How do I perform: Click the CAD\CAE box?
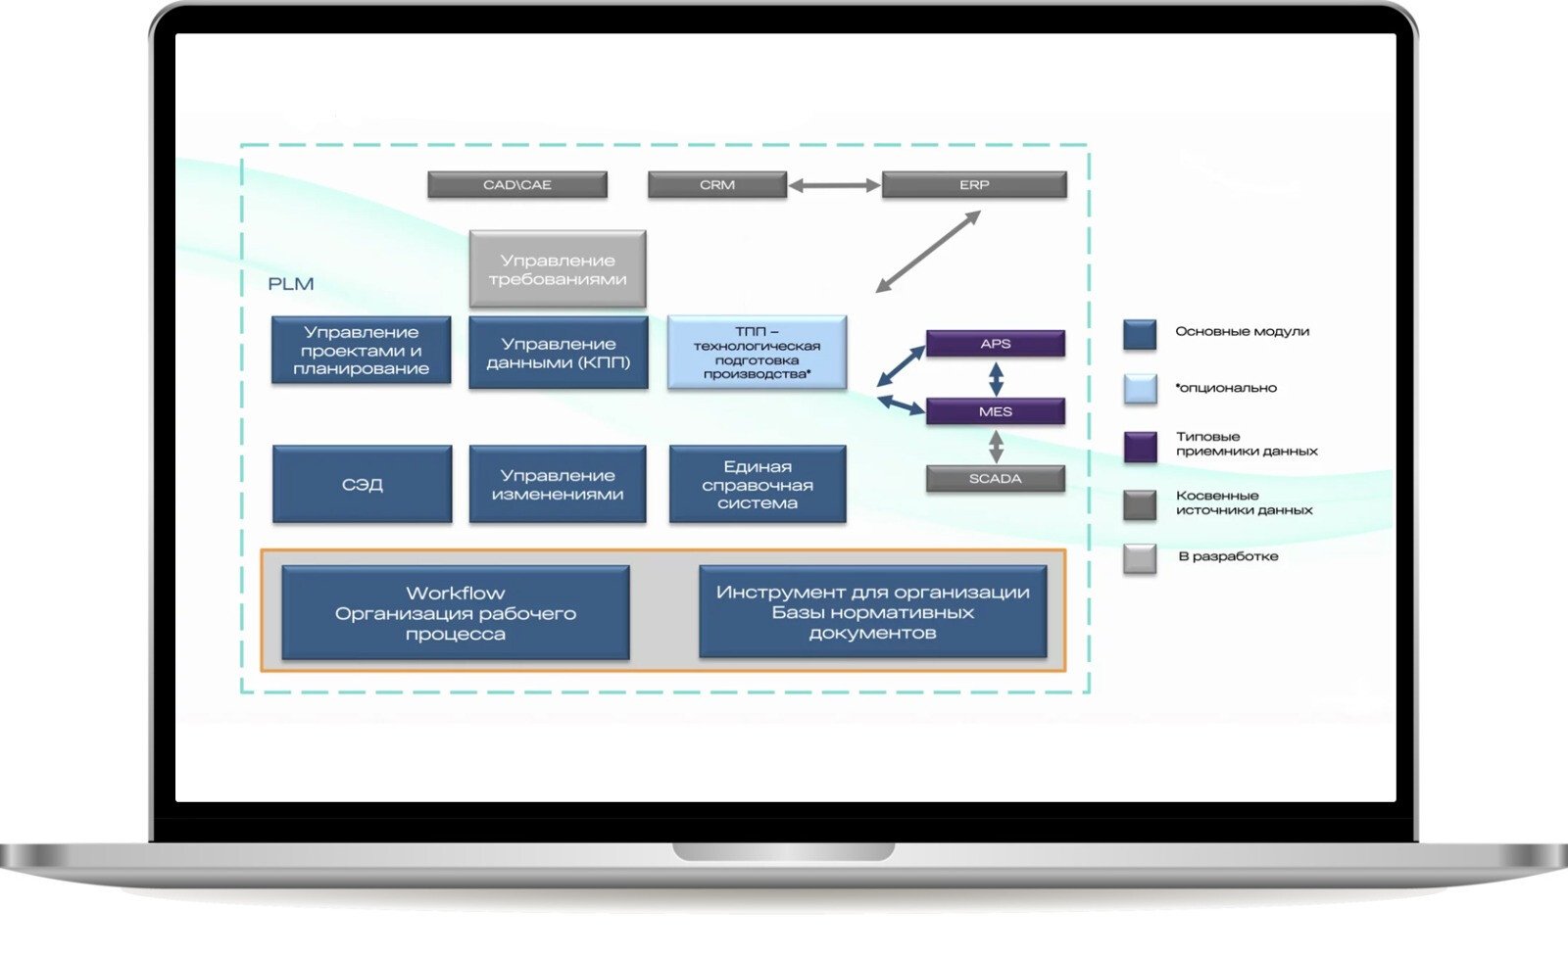point(517,185)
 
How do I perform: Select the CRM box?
point(717,185)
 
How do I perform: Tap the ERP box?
point(974,185)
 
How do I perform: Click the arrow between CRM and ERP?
point(835,185)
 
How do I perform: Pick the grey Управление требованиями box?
point(558,269)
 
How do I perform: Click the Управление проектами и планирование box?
point(362,351)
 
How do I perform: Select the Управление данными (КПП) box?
point(559,353)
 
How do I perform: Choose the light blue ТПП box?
point(757,353)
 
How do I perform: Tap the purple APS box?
point(996,344)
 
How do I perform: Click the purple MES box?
point(996,411)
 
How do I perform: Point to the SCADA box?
point(996,479)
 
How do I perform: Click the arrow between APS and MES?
point(996,378)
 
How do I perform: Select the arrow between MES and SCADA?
point(996,446)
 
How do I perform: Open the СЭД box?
point(363,485)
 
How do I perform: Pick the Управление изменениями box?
point(558,485)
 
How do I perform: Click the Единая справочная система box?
point(758,485)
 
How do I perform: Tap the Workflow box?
point(456,613)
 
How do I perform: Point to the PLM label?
point(291,284)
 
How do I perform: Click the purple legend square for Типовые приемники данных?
point(1140,446)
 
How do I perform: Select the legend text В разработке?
point(1228,556)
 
